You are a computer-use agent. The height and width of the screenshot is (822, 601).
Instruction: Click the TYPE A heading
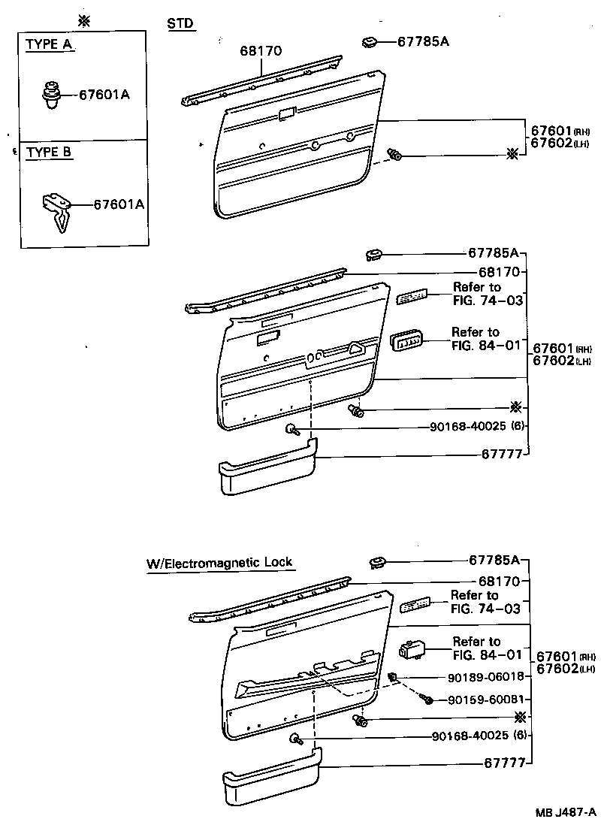coord(50,44)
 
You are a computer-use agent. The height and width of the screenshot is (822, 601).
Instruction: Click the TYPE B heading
coord(50,152)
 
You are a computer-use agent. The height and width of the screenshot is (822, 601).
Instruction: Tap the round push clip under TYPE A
coord(51,95)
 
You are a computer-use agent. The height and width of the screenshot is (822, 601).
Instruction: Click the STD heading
coord(180,24)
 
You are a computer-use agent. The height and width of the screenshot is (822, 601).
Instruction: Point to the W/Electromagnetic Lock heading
coord(219,562)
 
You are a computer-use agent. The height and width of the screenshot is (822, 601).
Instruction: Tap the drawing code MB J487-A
coord(566,812)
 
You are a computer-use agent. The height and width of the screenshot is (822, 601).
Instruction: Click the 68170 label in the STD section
coord(261,52)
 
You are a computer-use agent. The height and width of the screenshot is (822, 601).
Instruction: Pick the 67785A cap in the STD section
coord(368,41)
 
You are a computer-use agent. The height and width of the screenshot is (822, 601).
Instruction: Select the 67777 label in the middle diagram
coord(500,456)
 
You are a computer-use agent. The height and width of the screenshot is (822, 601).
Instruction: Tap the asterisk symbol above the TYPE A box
coord(84,20)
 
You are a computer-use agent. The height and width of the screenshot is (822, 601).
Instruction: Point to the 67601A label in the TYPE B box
coord(118,204)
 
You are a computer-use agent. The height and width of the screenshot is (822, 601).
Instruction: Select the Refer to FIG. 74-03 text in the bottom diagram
coord(485,602)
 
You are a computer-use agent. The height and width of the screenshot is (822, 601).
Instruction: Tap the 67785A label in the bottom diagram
coord(494,561)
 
